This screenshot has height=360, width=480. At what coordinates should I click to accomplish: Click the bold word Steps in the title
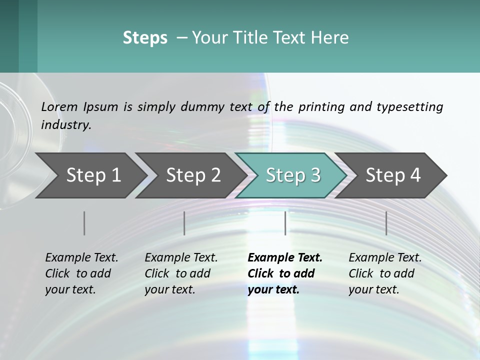coord(145,38)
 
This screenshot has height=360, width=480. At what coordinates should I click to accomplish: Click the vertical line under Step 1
coord(84,223)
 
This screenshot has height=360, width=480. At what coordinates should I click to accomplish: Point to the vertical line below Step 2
coord(184,223)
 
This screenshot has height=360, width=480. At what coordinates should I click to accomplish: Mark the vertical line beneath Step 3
coord(285,223)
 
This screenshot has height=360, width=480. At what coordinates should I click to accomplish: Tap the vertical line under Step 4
coord(386,223)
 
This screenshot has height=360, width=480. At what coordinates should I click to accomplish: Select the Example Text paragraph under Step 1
coord(81,273)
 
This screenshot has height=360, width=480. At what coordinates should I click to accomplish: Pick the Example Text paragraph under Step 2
coord(181,273)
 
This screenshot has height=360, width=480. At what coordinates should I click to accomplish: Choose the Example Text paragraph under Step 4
coord(384,273)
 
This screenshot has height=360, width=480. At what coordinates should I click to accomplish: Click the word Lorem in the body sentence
coord(59,107)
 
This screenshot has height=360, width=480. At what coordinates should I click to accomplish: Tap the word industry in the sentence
coord(65,125)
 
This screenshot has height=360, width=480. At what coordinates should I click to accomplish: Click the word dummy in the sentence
coord(207,107)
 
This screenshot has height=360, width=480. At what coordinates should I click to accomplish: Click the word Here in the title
coord(332,38)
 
